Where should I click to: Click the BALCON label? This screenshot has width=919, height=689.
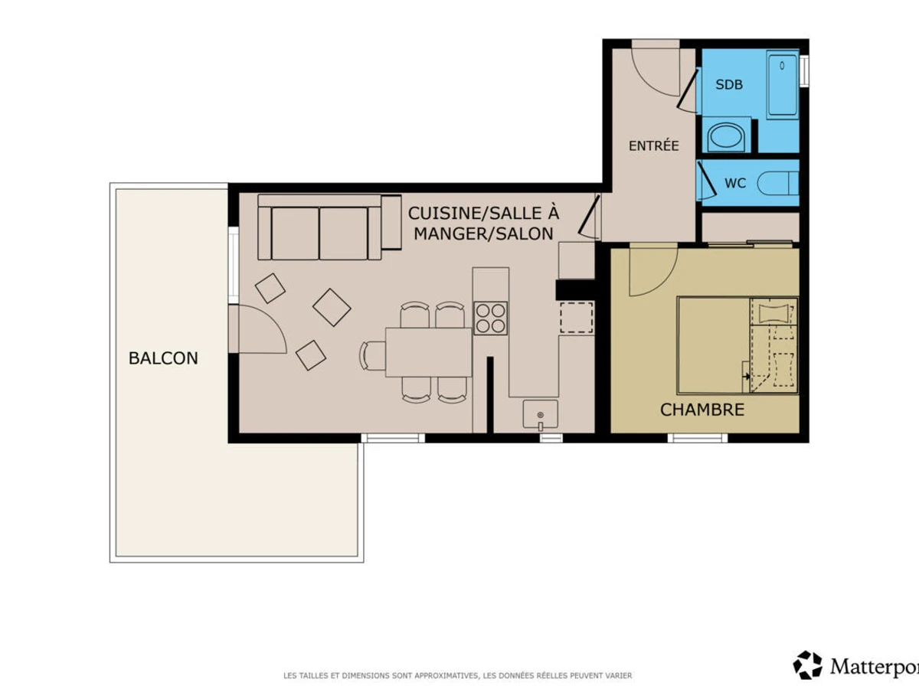click(163, 358)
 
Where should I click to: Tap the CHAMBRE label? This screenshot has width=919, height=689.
click(702, 410)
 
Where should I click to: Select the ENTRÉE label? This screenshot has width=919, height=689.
click(653, 145)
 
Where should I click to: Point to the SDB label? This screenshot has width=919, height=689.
click(729, 84)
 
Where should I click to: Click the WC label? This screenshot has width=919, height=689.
click(735, 183)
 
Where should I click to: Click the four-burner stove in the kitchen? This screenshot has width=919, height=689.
click(490, 318)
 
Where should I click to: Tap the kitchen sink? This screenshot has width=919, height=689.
click(540, 415)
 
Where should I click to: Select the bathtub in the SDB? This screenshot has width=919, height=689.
click(783, 84)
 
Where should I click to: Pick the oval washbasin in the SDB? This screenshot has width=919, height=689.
click(727, 137)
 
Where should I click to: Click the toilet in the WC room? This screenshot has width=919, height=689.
click(778, 183)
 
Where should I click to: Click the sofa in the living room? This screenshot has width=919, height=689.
click(329, 227)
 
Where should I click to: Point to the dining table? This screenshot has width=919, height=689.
click(428, 353)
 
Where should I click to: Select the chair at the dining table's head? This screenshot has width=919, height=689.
click(372, 355)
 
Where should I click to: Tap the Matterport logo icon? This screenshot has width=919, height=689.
click(808, 665)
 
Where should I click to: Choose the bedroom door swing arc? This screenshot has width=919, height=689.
click(663, 280)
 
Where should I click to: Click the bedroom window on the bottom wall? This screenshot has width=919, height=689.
click(698, 438)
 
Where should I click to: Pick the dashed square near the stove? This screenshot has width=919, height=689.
click(577, 318)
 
